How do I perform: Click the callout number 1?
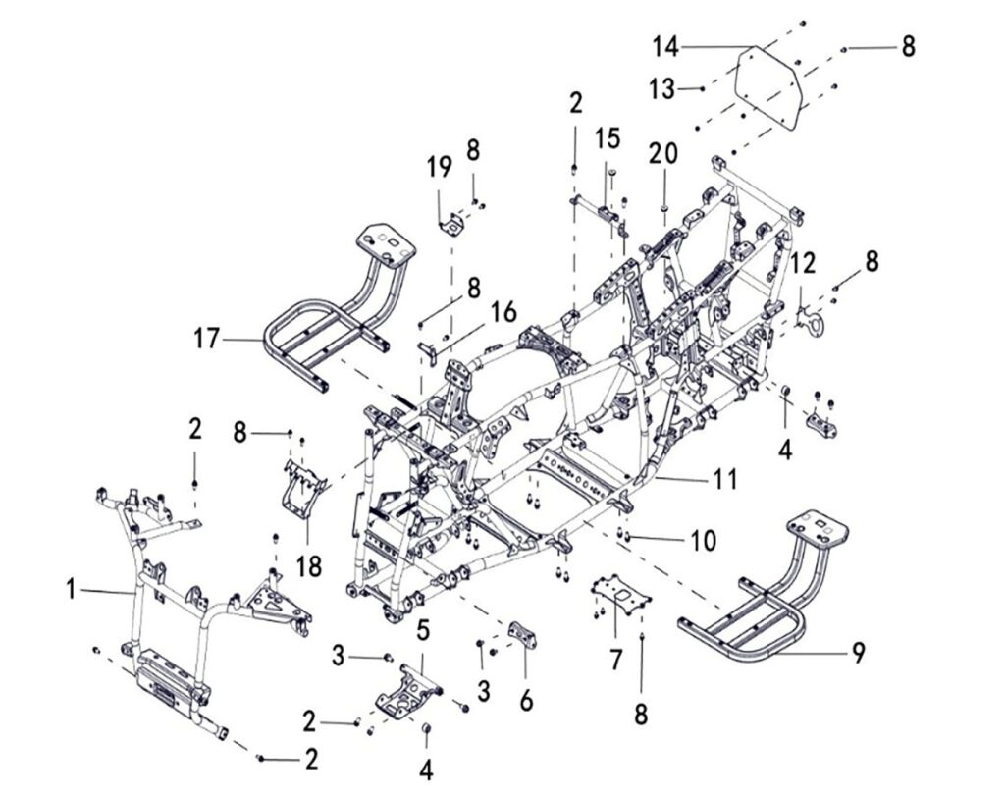pyautogui.click(x=70, y=590)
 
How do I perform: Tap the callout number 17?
pyautogui.click(x=207, y=340)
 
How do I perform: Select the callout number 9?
pyautogui.click(x=858, y=652)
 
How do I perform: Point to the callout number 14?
pyautogui.click(x=666, y=45)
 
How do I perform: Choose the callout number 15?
pyautogui.click(x=607, y=138)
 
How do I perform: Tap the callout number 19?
pyautogui.click(x=438, y=168)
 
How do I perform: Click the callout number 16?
pyautogui.click(x=503, y=313)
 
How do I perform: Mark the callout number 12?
pyautogui.click(x=804, y=262)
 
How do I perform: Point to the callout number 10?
pyautogui.click(x=703, y=540)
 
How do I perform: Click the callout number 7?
pyautogui.click(x=615, y=659)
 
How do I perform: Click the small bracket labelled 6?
pyautogui.click(x=521, y=634)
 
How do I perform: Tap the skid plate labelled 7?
pyautogui.click(x=617, y=594)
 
